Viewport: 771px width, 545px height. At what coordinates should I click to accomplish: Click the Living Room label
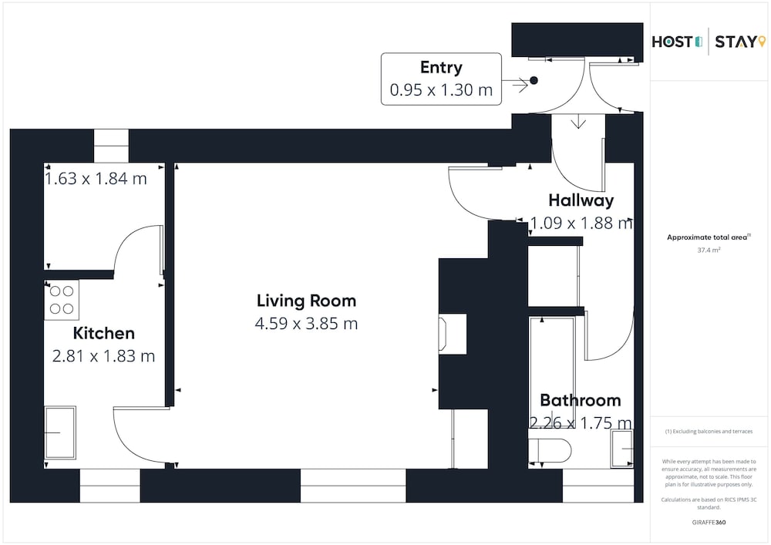click(306, 301)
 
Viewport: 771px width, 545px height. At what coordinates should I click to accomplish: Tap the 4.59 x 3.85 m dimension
click(306, 323)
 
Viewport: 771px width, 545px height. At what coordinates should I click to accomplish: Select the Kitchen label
click(104, 333)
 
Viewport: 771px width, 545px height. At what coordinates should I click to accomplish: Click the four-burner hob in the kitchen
click(62, 300)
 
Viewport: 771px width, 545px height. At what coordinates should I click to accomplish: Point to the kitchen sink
click(60, 432)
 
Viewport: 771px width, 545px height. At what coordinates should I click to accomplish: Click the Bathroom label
click(581, 400)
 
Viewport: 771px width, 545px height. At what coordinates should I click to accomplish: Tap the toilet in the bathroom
click(550, 450)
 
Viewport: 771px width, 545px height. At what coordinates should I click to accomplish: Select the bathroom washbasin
click(622, 448)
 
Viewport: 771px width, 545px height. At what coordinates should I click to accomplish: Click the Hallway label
click(581, 200)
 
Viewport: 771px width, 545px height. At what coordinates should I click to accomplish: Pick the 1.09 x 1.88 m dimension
click(581, 223)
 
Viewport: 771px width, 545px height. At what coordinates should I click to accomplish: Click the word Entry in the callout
click(441, 67)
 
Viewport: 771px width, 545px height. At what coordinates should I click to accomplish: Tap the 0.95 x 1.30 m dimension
click(441, 90)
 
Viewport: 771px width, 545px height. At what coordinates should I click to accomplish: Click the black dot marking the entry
click(534, 80)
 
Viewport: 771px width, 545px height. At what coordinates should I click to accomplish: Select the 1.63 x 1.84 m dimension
click(96, 178)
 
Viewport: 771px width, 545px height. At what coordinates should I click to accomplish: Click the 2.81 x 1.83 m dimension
click(104, 356)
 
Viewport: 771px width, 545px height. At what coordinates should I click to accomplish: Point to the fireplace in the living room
click(453, 335)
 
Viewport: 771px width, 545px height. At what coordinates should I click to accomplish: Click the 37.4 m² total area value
click(709, 250)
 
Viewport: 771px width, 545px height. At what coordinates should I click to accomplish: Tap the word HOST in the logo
click(672, 42)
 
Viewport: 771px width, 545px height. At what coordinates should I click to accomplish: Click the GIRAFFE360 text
click(709, 523)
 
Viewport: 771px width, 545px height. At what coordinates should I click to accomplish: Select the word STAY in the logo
click(736, 42)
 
